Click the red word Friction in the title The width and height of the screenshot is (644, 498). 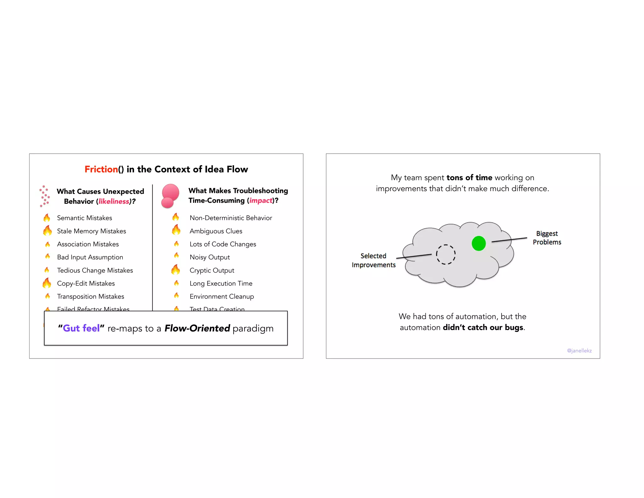(101, 169)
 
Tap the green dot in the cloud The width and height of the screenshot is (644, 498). (479, 243)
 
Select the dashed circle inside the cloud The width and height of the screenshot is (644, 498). (446, 254)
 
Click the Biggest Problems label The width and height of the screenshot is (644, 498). (547, 238)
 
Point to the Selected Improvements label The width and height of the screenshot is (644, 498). (374, 260)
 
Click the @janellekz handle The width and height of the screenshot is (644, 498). (579, 350)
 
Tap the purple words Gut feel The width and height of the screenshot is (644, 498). (81, 328)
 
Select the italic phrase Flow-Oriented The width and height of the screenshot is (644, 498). (197, 328)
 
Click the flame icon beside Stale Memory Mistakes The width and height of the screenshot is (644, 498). (47, 231)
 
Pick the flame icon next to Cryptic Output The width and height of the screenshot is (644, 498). (176, 270)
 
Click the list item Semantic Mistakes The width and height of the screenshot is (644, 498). (84, 218)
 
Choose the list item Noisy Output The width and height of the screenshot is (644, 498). (210, 257)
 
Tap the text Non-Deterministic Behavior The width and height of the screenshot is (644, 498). (231, 218)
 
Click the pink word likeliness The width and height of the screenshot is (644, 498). (114, 201)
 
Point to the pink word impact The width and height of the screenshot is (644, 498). (261, 201)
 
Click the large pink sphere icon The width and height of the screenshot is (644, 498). (170, 193)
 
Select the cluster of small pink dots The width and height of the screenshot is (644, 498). (44, 196)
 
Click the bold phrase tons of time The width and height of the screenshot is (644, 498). (469, 178)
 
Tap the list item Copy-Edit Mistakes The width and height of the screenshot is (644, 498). (86, 283)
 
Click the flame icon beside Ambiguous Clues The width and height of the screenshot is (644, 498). (176, 230)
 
